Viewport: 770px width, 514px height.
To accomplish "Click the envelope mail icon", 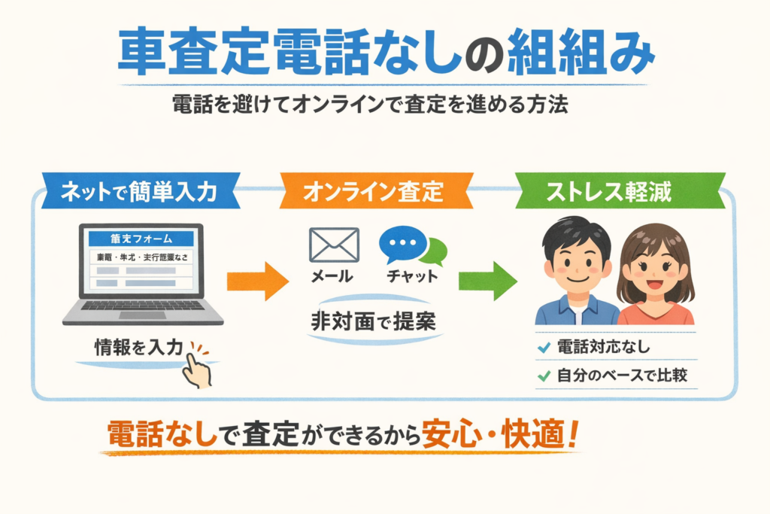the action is [334, 245].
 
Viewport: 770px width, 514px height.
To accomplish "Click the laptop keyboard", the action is [143, 306].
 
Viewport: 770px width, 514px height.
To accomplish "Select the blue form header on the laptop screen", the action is [141, 239].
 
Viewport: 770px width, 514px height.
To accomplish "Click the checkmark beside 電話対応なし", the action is [544, 348].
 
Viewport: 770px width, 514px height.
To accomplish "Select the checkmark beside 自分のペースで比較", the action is [544, 374].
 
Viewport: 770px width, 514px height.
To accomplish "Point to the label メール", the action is [332, 276].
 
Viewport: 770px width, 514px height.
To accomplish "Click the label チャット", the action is [411, 276].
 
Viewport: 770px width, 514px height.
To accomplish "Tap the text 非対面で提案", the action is [374, 321].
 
